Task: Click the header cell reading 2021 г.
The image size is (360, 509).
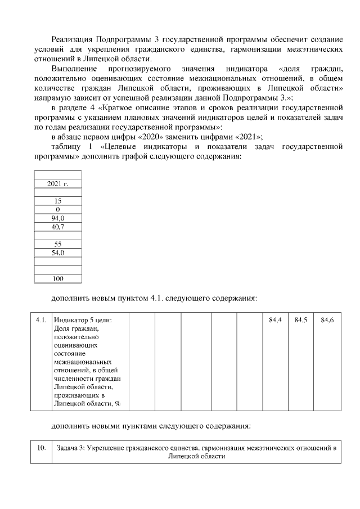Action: pyautogui.click(x=57, y=183)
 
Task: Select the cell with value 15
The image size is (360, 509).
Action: pyautogui.click(x=57, y=201)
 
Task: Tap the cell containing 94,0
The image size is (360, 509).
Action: pyautogui.click(x=57, y=218)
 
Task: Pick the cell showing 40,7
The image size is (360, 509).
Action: pyautogui.click(x=57, y=227)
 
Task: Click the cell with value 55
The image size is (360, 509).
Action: pyautogui.click(x=57, y=244)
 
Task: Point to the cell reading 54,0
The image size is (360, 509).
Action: pyautogui.click(x=57, y=253)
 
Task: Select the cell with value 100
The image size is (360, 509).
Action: pyautogui.click(x=57, y=278)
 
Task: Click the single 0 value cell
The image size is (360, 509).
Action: pyautogui.click(x=57, y=209)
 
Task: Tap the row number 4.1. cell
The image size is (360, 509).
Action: pyautogui.click(x=40, y=320)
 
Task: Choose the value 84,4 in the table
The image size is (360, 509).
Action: pyautogui.click(x=275, y=320)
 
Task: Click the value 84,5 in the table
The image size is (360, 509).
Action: pyautogui.click(x=300, y=320)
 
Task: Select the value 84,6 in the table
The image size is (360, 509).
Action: pyautogui.click(x=327, y=320)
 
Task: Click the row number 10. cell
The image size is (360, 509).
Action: pyautogui.click(x=40, y=448)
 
